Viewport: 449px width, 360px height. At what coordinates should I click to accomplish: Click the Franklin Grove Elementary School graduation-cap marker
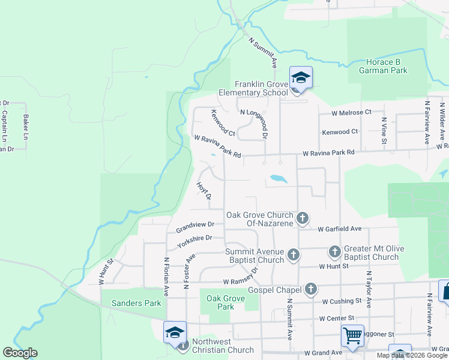[x=301, y=78]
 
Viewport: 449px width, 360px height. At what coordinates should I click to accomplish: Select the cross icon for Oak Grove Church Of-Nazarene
[x=303, y=218]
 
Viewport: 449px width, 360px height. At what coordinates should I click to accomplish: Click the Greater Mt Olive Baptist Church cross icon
[x=335, y=252]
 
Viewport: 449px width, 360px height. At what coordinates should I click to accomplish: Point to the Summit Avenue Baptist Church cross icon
[x=293, y=255]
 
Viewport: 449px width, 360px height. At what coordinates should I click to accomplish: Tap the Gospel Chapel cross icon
[x=310, y=289]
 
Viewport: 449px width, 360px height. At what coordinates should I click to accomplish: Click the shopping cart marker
[x=351, y=335]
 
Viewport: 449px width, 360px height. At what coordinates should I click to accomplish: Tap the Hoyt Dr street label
[x=204, y=190]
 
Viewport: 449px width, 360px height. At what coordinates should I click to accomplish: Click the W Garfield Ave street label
[x=340, y=229]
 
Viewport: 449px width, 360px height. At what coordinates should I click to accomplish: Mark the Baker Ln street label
[x=26, y=127]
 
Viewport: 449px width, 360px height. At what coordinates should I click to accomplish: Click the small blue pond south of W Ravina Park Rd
[x=277, y=178]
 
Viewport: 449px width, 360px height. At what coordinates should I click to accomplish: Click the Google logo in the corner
[x=20, y=352]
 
